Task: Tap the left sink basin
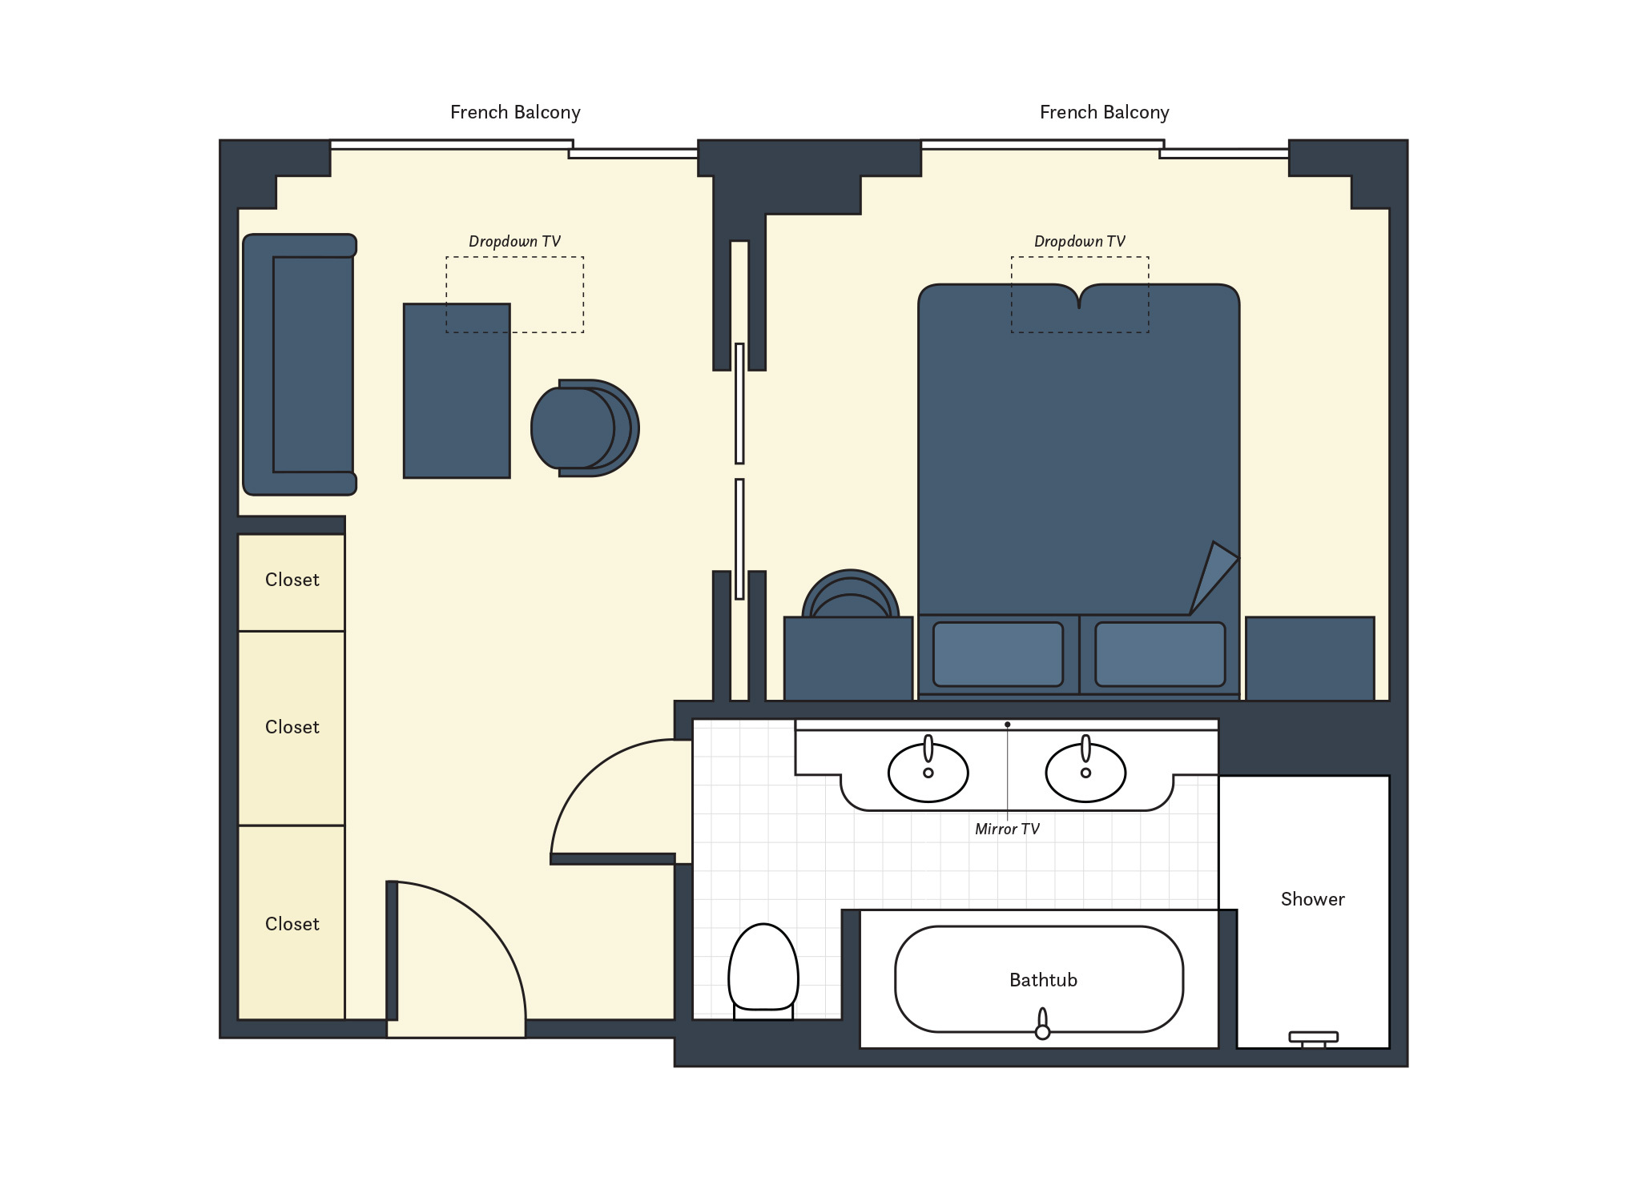[928, 773]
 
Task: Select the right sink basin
[1085, 773]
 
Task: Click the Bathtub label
[1042, 980]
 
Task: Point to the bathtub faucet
[1041, 1026]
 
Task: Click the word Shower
[1311, 899]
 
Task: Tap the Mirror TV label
[1006, 829]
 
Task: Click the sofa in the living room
[299, 364]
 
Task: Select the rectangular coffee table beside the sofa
[456, 391]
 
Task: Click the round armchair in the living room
[583, 428]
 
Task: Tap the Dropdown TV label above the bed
[1078, 242]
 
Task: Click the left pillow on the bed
[997, 654]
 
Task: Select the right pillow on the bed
[1159, 654]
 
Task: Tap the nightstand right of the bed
[1309, 658]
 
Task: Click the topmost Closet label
[292, 580]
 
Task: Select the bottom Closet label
[292, 924]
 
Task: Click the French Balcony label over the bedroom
[1103, 113]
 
